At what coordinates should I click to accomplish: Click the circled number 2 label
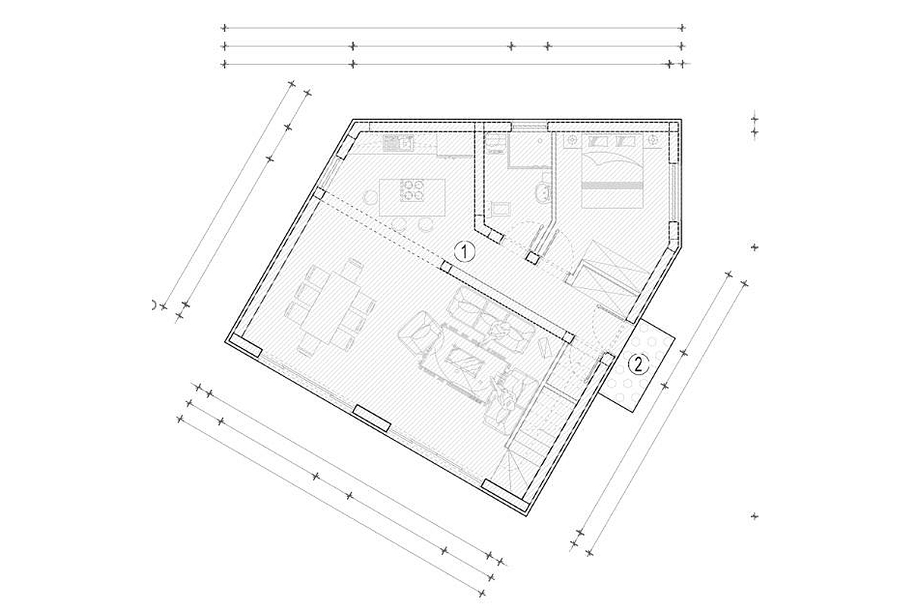click(639, 363)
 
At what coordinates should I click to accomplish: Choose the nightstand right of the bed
click(653, 141)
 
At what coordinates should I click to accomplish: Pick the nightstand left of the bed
click(571, 141)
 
